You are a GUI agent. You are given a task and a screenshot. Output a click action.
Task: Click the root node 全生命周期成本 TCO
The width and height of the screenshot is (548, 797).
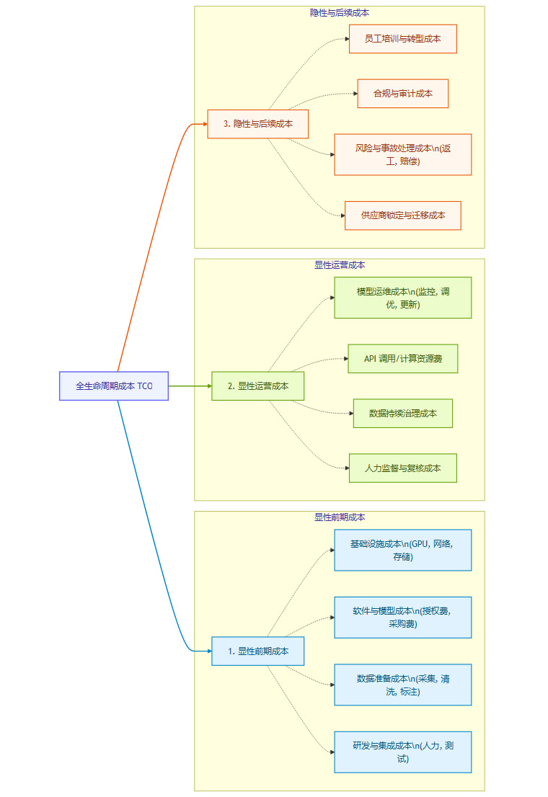point(114,386)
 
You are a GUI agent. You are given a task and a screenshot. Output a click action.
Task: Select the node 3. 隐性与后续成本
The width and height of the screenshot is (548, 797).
point(258,124)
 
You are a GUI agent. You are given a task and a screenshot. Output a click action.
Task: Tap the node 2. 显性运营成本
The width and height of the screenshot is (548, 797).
point(258,386)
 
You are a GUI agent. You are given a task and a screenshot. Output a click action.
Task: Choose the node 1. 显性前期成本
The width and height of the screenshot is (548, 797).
point(258,651)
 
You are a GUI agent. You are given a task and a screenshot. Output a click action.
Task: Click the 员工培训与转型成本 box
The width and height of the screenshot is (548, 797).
point(402,39)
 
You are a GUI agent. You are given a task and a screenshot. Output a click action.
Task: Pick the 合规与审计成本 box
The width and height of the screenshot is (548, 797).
point(402,94)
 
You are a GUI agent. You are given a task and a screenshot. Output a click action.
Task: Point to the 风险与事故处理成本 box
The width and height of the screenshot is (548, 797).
point(402,154)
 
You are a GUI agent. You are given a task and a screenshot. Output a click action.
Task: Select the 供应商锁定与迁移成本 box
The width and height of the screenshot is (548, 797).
point(402,215)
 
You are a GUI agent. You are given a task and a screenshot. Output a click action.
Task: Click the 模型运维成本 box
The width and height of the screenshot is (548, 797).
point(402,297)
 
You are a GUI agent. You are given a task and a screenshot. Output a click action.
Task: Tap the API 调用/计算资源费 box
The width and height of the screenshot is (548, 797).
point(402,358)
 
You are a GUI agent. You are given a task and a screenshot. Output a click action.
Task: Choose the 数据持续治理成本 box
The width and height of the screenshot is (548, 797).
point(402,413)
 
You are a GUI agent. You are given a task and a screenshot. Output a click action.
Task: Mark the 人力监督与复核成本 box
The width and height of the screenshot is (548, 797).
point(402,468)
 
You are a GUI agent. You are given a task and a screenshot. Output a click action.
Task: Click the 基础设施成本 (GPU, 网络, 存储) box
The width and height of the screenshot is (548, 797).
point(402,550)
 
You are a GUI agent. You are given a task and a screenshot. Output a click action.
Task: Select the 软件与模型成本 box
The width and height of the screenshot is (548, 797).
point(402,617)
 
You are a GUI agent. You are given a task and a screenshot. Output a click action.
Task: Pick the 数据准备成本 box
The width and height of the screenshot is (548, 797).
point(402,685)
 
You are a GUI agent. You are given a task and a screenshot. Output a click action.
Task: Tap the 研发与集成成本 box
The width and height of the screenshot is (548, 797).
point(402,752)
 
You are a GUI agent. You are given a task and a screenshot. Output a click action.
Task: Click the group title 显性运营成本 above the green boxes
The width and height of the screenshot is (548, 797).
point(339,265)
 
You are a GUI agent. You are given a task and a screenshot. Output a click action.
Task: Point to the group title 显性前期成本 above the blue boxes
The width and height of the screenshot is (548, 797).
point(339,517)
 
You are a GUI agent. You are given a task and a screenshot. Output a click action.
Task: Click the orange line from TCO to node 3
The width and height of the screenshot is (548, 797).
point(151,245)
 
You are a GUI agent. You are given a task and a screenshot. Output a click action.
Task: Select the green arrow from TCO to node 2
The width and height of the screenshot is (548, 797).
point(189,386)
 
